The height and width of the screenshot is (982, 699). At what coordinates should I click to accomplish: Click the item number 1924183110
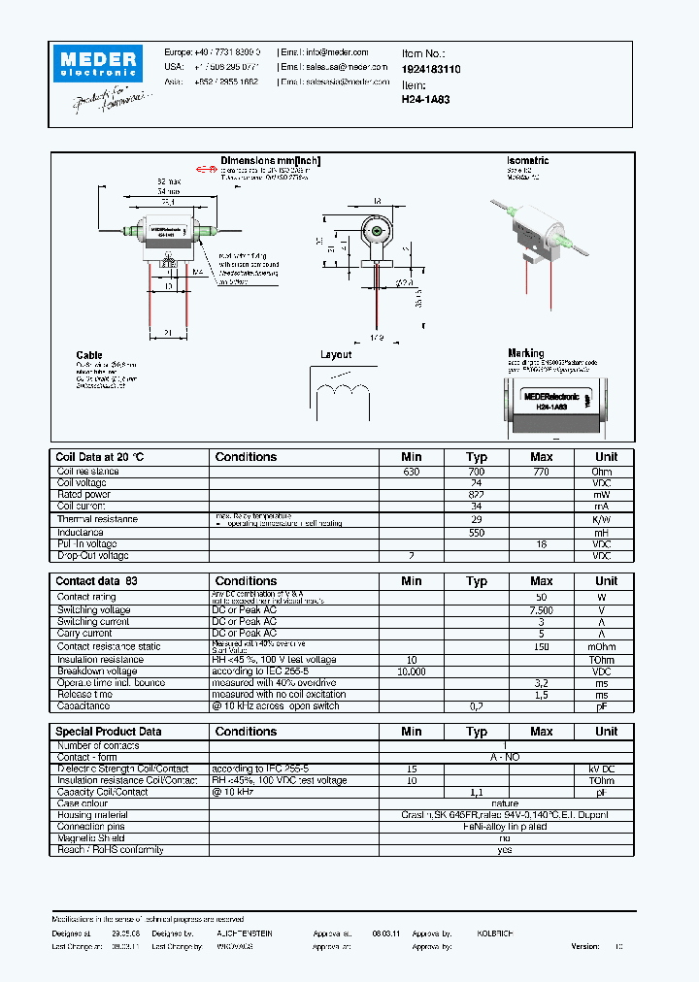tap(431, 70)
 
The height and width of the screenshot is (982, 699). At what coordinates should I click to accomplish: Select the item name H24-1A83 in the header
tap(425, 99)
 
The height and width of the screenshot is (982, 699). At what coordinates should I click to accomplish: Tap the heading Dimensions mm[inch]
tap(270, 161)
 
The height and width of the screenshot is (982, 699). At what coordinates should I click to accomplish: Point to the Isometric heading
tap(527, 161)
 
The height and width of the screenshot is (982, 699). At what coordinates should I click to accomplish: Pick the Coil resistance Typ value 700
tap(476, 472)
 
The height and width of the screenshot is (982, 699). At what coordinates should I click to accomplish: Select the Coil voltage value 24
tap(476, 483)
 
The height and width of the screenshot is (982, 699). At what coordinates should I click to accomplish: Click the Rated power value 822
tap(476, 495)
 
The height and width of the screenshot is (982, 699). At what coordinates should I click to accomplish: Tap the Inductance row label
tap(81, 533)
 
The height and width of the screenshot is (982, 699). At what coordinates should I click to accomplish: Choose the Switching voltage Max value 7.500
tap(541, 609)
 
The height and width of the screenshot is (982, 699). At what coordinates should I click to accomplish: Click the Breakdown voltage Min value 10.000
tap(412, 671)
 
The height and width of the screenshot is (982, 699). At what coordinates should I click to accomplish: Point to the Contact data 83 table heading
tap(98, 581)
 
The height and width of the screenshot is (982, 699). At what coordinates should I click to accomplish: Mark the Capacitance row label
tap(83, 706)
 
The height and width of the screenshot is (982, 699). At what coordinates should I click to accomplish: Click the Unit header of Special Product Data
tap(606, 732)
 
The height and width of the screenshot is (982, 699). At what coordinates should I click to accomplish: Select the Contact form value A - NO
tap(505, 757)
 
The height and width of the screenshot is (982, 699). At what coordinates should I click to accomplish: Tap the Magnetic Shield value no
tap(505, 838)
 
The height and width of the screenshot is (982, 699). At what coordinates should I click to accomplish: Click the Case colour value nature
tap(505, 803)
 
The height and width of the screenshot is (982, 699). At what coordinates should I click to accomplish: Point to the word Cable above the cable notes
tap(89, 356)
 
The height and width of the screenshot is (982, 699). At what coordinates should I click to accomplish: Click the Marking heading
tap(525, 353)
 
